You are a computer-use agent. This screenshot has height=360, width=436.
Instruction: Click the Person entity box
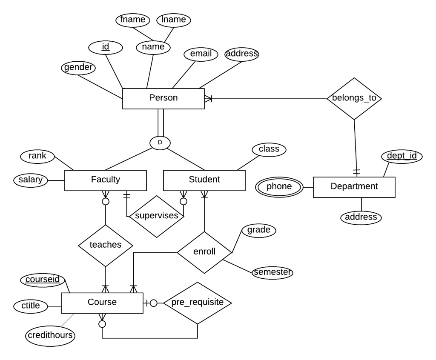(163, 98)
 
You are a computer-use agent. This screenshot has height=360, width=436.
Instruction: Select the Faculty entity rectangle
(106, 180)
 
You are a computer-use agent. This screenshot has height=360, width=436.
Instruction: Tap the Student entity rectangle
(204, 180)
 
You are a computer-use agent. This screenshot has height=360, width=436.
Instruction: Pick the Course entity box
(102, 303)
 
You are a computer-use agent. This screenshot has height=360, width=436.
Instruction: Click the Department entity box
(354, 187)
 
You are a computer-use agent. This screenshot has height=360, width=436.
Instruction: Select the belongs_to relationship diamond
(354, 98)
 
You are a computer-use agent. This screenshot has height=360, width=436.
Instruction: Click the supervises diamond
(156, 216)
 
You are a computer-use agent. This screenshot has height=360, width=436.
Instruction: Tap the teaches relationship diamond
(105, 245)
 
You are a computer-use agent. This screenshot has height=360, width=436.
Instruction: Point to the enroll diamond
(204, 252)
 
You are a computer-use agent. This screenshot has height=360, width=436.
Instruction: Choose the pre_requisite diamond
(198, 303)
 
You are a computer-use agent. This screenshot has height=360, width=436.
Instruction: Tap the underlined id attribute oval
(105, 47)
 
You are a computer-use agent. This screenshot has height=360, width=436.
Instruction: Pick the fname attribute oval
(133, 20)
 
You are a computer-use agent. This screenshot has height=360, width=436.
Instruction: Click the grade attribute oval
(258, 231)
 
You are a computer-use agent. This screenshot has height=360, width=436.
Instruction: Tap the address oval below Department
(361, 217)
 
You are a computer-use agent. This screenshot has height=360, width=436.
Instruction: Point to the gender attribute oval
(78, 68)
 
